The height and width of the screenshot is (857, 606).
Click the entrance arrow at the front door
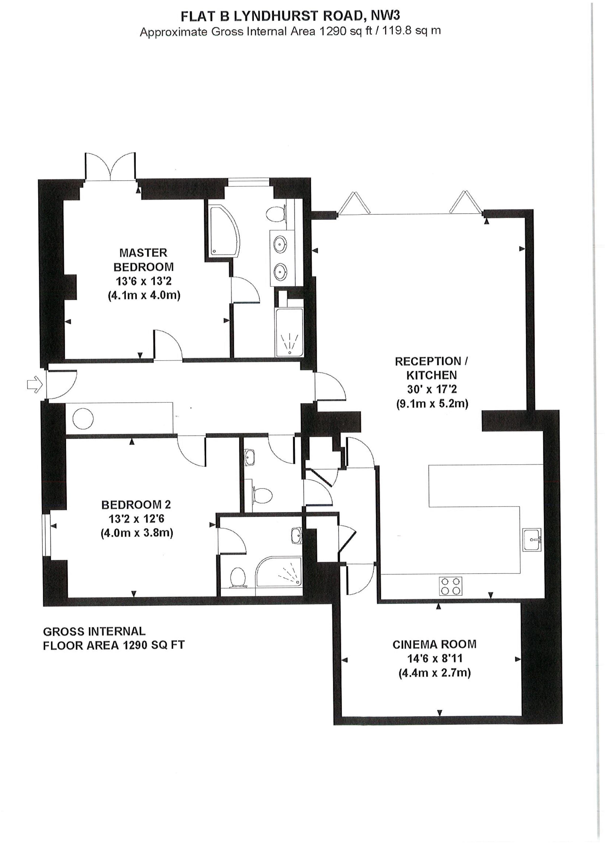[34, 385]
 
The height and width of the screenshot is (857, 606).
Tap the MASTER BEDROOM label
[143, 260]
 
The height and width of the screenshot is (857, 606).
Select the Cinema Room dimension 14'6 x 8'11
[435, 658]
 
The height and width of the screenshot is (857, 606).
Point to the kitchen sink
[532, 539]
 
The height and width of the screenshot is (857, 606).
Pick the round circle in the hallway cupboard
[83, 419]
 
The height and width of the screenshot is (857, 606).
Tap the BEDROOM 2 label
[136, 505]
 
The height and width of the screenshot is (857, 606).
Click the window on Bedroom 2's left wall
[46, 535]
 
